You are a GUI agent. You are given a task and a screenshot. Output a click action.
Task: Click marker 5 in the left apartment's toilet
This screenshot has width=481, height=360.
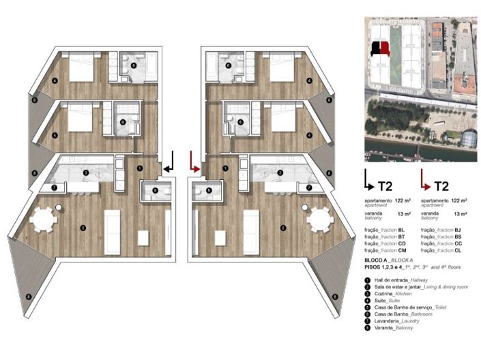click(x=155, y=192)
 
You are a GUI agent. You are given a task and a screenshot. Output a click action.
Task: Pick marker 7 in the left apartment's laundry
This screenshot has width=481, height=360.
click(x=54, y=187)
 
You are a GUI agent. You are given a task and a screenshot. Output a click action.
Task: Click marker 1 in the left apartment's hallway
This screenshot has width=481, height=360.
click(x=139, y=167)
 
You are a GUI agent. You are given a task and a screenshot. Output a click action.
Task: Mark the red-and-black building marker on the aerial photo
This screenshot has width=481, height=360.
click(x=379, y=49)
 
